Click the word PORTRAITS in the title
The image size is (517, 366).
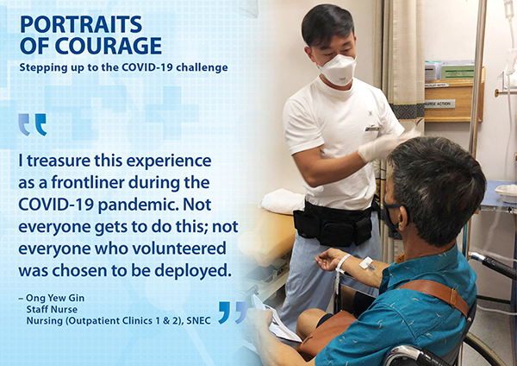(81, 24)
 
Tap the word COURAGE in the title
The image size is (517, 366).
(109, 46)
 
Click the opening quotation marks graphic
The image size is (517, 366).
(33, 124)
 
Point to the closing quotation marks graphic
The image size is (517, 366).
(233, 312)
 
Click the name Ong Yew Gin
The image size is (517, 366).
(55, 298)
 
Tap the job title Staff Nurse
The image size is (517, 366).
(52, 310)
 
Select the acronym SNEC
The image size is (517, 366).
(198, 321)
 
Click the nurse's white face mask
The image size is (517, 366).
(339, 70)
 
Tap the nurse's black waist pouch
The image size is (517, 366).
(333, 224)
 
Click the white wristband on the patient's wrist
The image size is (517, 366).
(342, 264)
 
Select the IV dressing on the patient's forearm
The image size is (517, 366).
(367, 263)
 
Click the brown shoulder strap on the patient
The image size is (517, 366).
(435, 294)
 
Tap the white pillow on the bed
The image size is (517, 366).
(283, 201)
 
